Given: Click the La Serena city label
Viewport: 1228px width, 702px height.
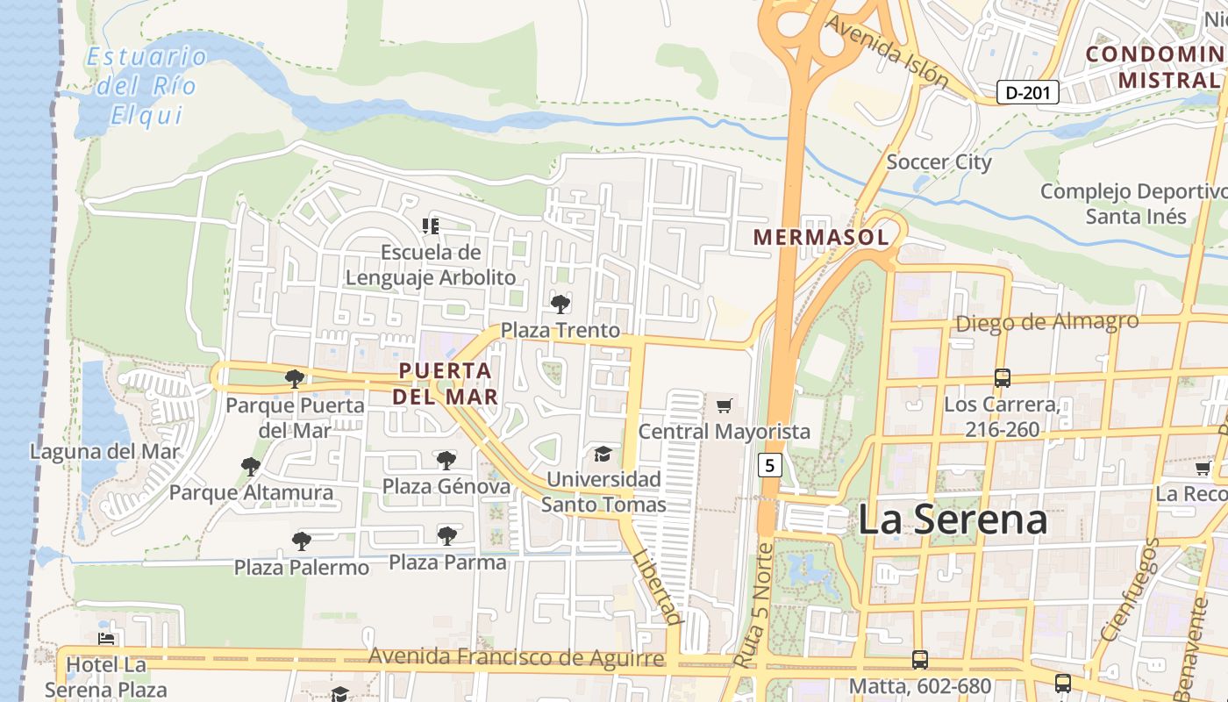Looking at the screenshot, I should [952, 519].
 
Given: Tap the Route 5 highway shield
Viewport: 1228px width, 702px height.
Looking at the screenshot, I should [769, 465].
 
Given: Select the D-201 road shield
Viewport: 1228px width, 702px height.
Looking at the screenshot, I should [1028, 92].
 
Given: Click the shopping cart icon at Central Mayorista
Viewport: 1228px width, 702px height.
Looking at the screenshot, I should [724, 405].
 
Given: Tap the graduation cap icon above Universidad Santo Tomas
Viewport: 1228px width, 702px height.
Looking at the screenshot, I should [603, 454].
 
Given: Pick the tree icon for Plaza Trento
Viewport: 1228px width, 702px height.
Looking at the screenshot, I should [560, 304].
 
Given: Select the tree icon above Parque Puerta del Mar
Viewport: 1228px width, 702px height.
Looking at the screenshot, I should [295, 379].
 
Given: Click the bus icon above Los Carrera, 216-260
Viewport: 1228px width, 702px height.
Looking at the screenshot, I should [1002, 378].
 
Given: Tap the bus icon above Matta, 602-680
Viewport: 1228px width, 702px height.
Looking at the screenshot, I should [919, 659].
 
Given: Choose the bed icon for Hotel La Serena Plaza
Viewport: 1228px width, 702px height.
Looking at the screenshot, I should [106, 640].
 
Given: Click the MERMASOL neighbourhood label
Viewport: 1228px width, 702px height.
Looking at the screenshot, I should [821, 237].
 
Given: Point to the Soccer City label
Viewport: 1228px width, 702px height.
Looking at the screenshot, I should [939, 162].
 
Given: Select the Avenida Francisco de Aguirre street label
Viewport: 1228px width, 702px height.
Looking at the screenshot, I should [516, 657].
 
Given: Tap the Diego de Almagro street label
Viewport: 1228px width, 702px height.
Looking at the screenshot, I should [1046, 322].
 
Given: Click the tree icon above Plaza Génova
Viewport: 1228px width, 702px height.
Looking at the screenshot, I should [446, 460].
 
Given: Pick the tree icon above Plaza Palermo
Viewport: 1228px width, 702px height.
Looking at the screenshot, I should [301, 541].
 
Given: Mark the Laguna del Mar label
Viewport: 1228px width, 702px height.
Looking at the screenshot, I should [104, 452].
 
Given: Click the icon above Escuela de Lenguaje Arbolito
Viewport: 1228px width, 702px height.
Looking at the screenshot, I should [430, 226].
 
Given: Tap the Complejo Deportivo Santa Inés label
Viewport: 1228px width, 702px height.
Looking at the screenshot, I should [1135, 204].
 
